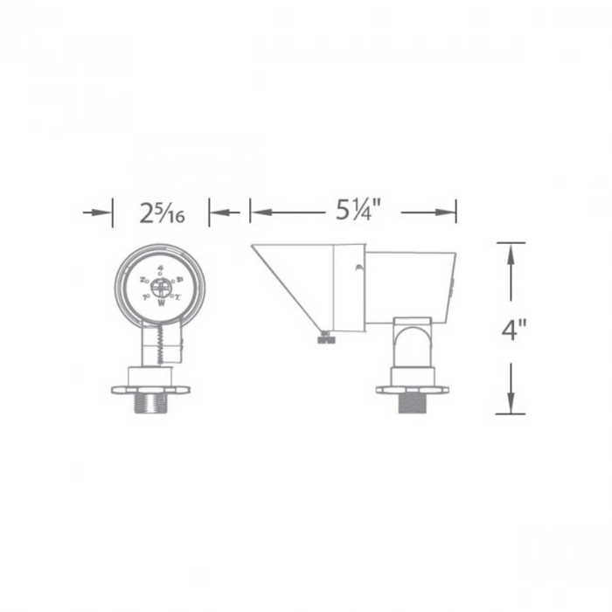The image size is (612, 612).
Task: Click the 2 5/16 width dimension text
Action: tap(160, 212)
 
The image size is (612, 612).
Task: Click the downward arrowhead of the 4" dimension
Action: tap(511, 406)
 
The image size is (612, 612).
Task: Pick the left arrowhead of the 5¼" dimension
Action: tap(257, 211)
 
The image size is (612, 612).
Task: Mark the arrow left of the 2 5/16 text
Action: tap(105, 212)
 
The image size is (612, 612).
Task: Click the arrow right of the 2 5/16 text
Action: tap(216, 212)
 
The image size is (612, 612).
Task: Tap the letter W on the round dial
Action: tap(161, 305)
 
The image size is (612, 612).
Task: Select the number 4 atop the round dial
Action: tap(161, 266)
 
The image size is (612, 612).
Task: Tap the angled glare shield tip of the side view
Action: tap(255, 248)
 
